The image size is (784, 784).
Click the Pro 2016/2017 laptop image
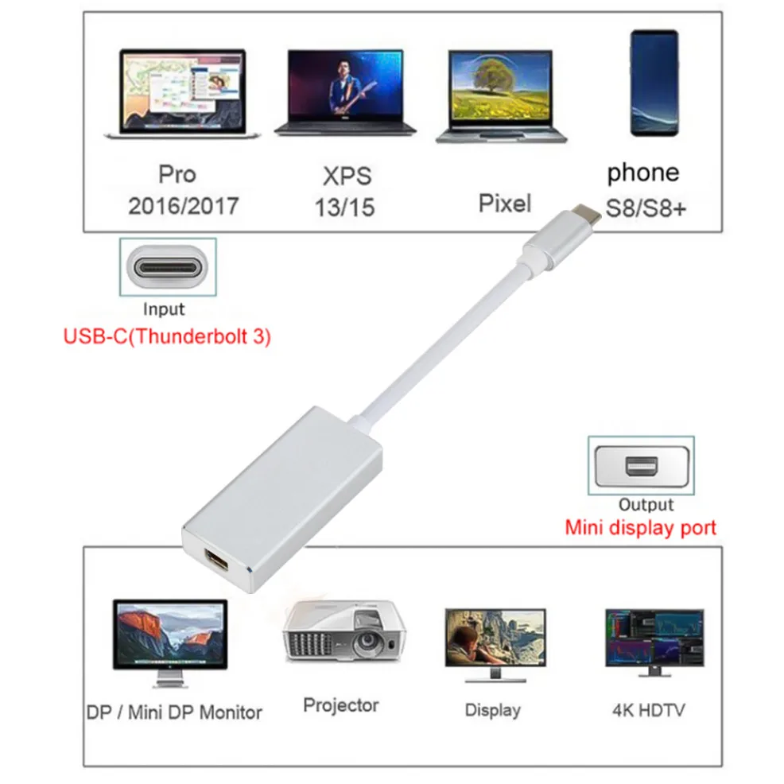(182, 94)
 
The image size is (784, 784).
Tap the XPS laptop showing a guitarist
(351, 94)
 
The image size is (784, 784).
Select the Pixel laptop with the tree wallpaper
(500, 96)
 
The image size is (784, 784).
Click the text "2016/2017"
(183, 206)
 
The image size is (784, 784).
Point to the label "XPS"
(347, 176)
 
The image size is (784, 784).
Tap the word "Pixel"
(504, 204)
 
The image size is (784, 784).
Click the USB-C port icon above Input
(168, 266)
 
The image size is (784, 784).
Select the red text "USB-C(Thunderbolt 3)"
(167, 336)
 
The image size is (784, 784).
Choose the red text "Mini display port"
(640, 527)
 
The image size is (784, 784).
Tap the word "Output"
(645, 505)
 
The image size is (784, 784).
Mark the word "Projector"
(341, 704)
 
